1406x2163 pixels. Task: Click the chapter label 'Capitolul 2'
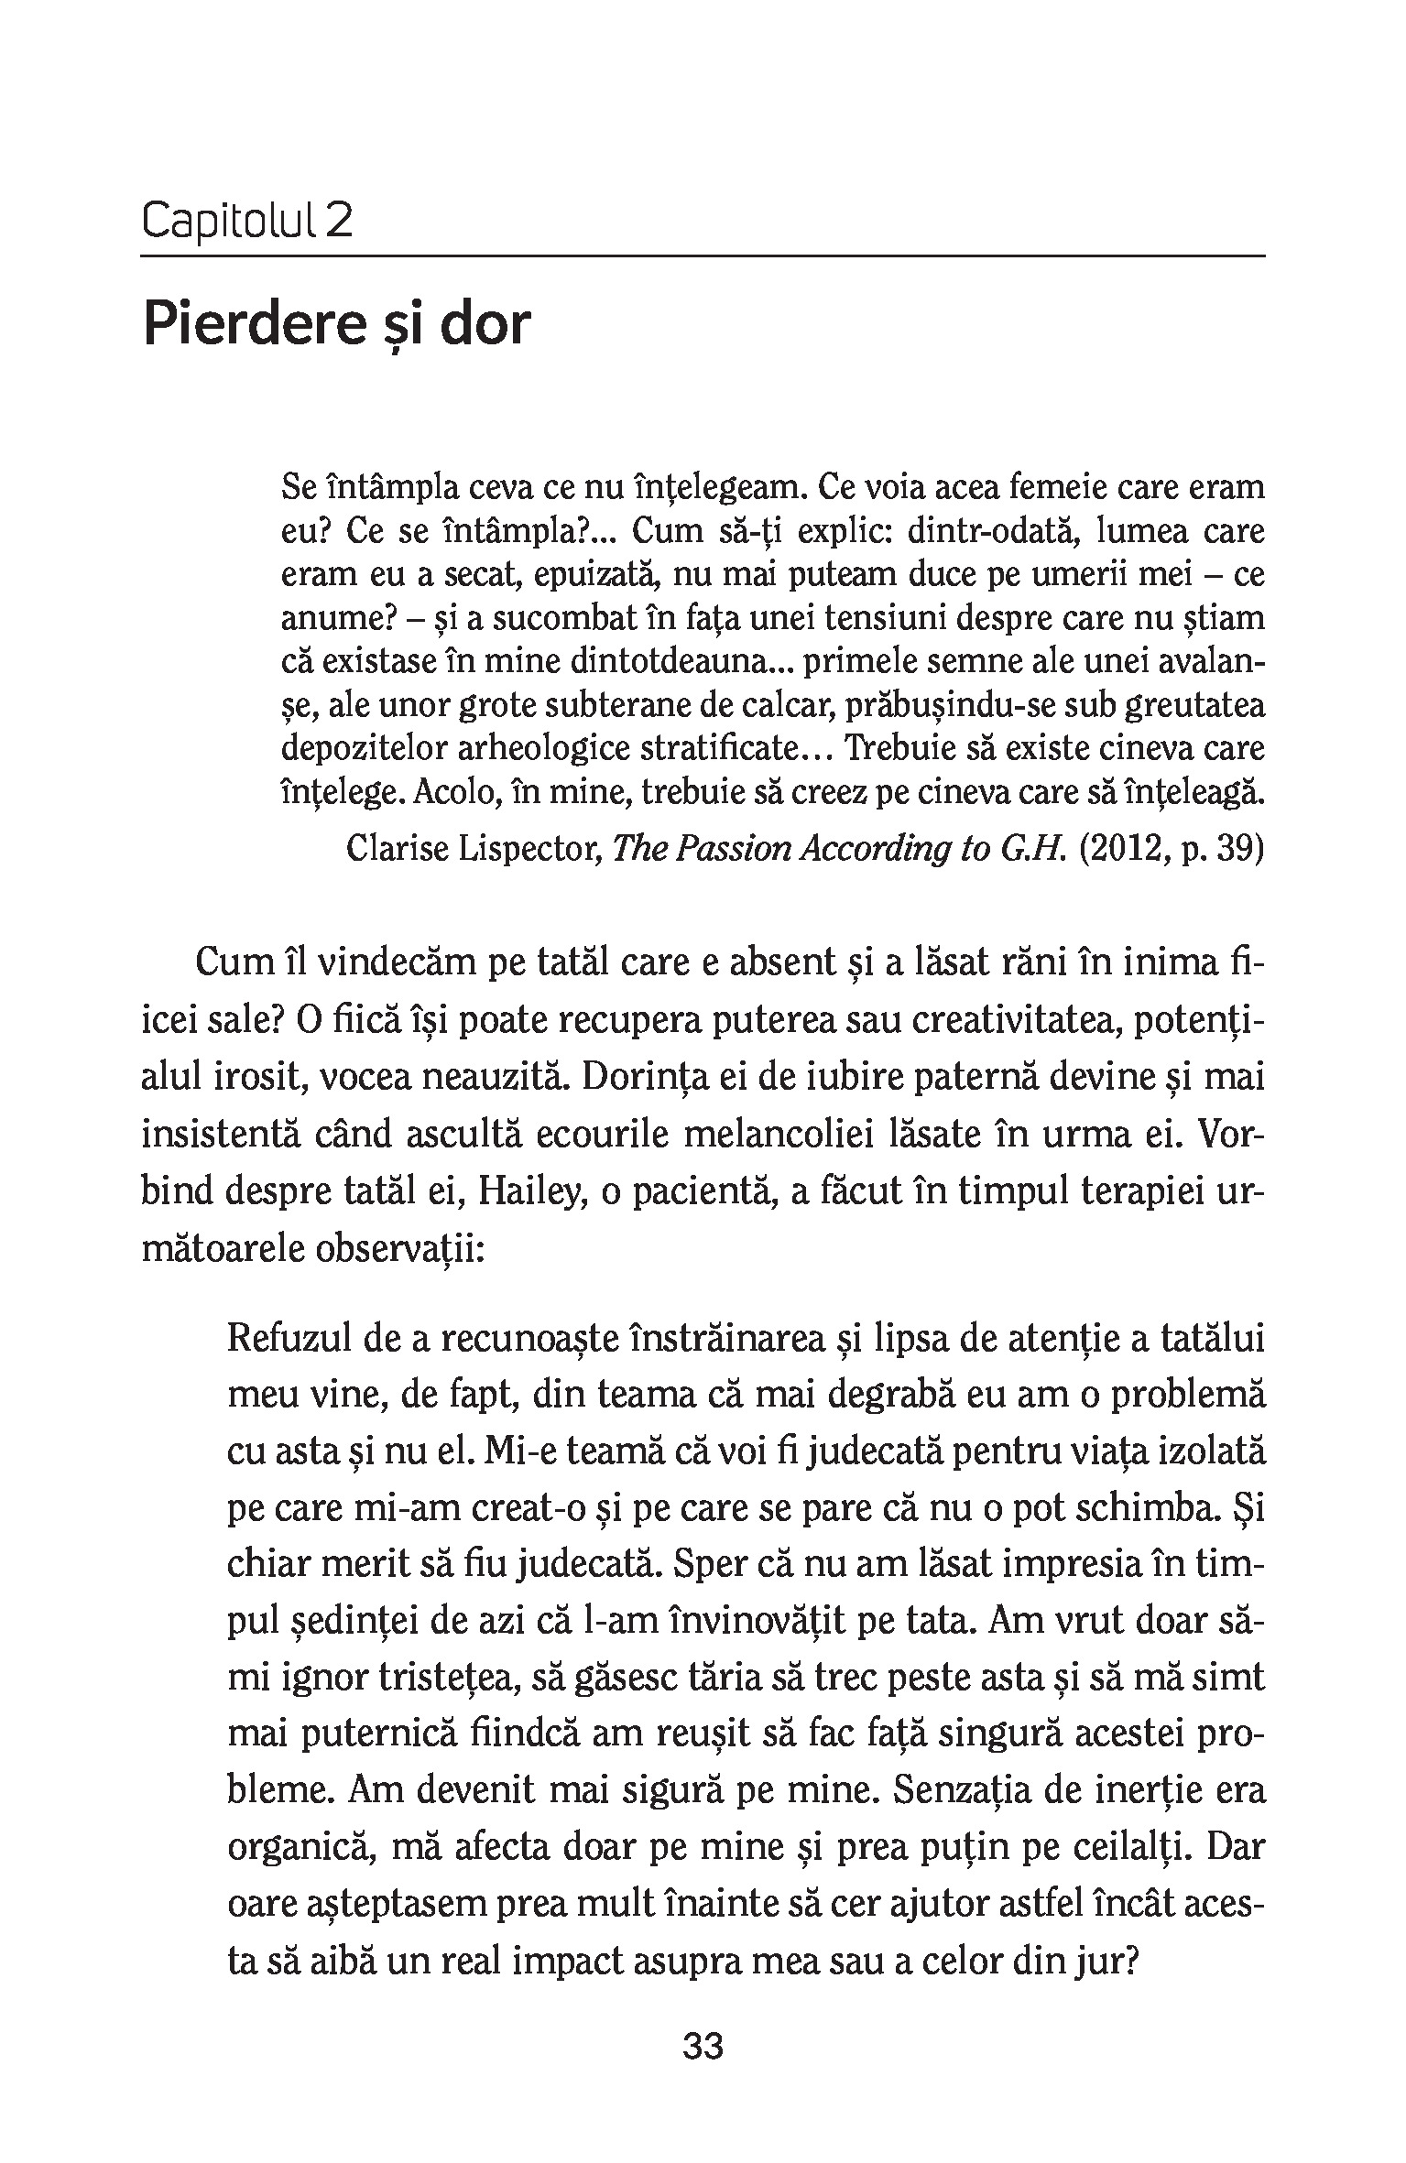click(x=247, y=222)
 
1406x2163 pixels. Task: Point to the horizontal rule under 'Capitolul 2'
click(x=703, y=255)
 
